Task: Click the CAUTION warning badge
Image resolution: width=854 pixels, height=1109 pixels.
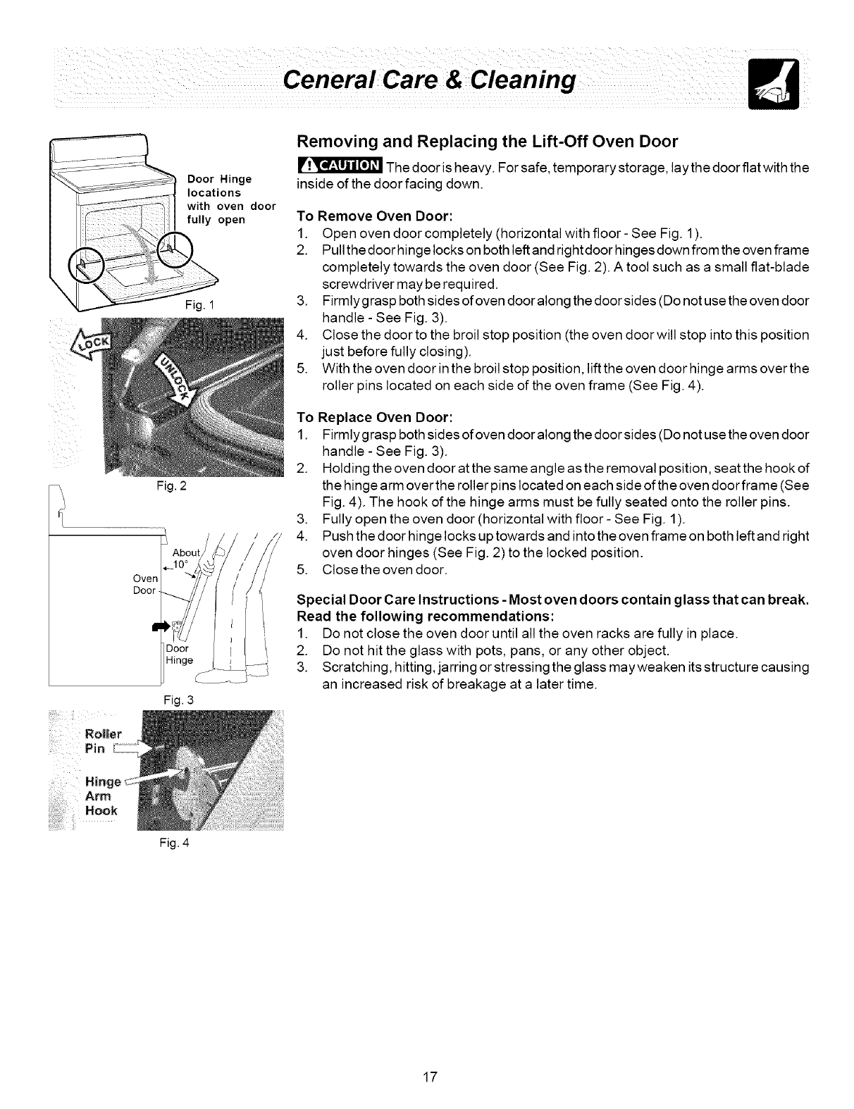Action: (x=340, y=166)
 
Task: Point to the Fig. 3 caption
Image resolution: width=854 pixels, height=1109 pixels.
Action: (x=167, y=700)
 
